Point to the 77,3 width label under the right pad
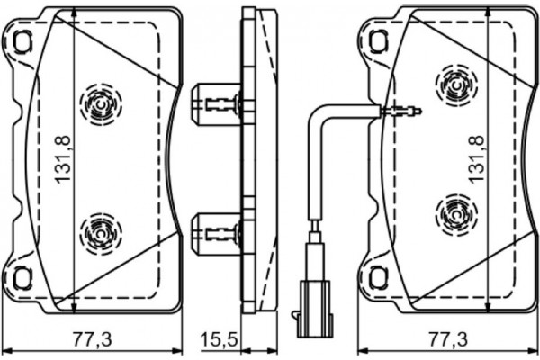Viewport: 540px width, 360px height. pos(448,339)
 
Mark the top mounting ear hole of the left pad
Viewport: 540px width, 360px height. pos(22,40)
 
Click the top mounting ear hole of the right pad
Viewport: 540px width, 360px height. pos(378,40)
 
